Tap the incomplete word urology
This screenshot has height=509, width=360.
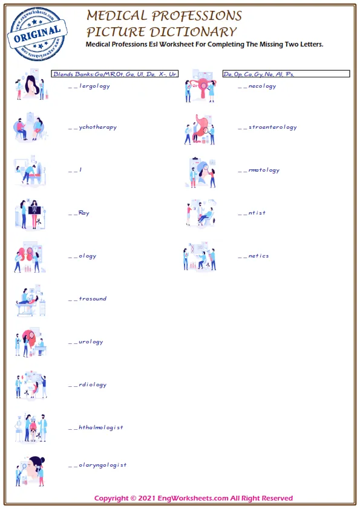coord(86,342)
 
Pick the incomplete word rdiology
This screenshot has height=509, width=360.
coord(88,384)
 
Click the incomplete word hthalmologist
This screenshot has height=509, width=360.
coord(96,427)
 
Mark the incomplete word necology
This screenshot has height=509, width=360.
coord(257,86)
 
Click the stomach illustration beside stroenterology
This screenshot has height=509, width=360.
coord(200,128)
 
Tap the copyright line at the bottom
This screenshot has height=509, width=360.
coord(194,498)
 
